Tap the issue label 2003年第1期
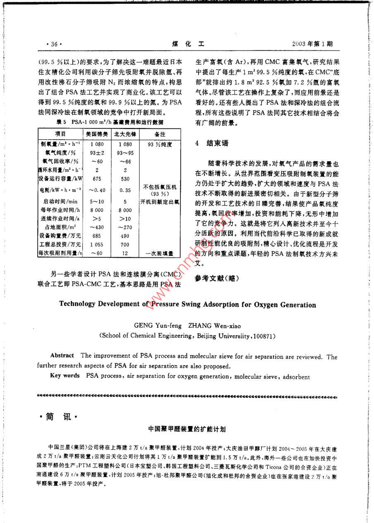[312, 44]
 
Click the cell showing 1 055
[97, 245]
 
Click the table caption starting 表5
[109, 122]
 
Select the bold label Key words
[65, 376]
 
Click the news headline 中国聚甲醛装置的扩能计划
[187, 431]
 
